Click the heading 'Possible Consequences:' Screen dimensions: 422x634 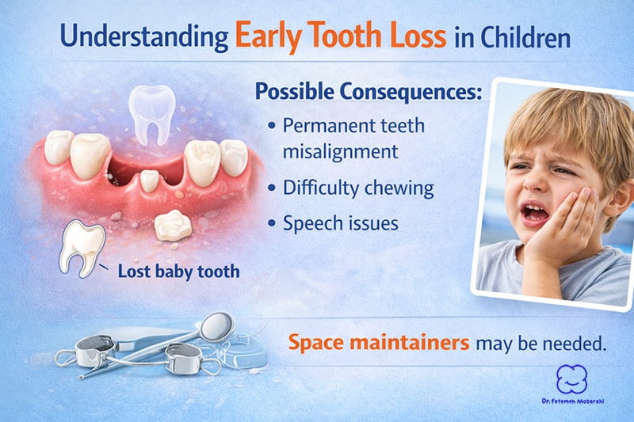(368, 90)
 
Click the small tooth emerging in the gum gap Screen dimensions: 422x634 (149, 181)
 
